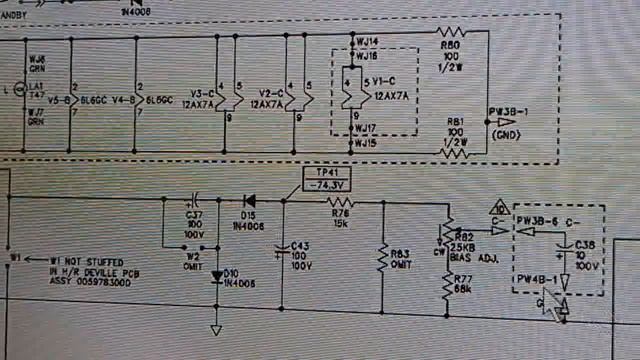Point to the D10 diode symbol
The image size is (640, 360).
point(217,272)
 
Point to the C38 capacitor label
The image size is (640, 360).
point(585,243)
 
